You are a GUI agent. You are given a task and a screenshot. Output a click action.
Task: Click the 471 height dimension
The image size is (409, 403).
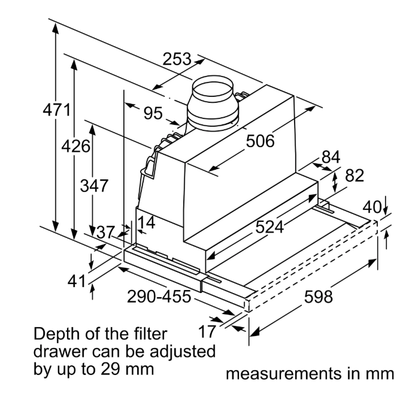click(x=57, y=109)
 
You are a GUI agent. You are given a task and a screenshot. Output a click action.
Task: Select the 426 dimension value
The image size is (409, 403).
click(x=75, y=146)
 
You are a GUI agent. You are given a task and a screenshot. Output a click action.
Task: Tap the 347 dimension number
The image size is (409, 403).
click(x=94, y=186)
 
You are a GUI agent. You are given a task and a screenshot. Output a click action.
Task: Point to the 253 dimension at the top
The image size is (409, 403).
click(x=177, y=59)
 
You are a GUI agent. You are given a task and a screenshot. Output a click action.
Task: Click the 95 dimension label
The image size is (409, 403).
click(x=153, y=114)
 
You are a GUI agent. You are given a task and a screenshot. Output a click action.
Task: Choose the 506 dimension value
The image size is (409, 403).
click(x=260, y=141)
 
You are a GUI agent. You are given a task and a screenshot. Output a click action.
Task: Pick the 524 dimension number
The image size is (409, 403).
click(x=269, y=227)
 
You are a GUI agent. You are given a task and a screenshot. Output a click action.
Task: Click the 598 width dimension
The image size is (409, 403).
click(x=318, y=297)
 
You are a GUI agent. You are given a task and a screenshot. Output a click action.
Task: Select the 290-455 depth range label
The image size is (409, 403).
click(x=159, y=297)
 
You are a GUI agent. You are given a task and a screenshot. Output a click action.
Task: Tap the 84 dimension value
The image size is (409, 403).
click(x=331, y=157)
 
